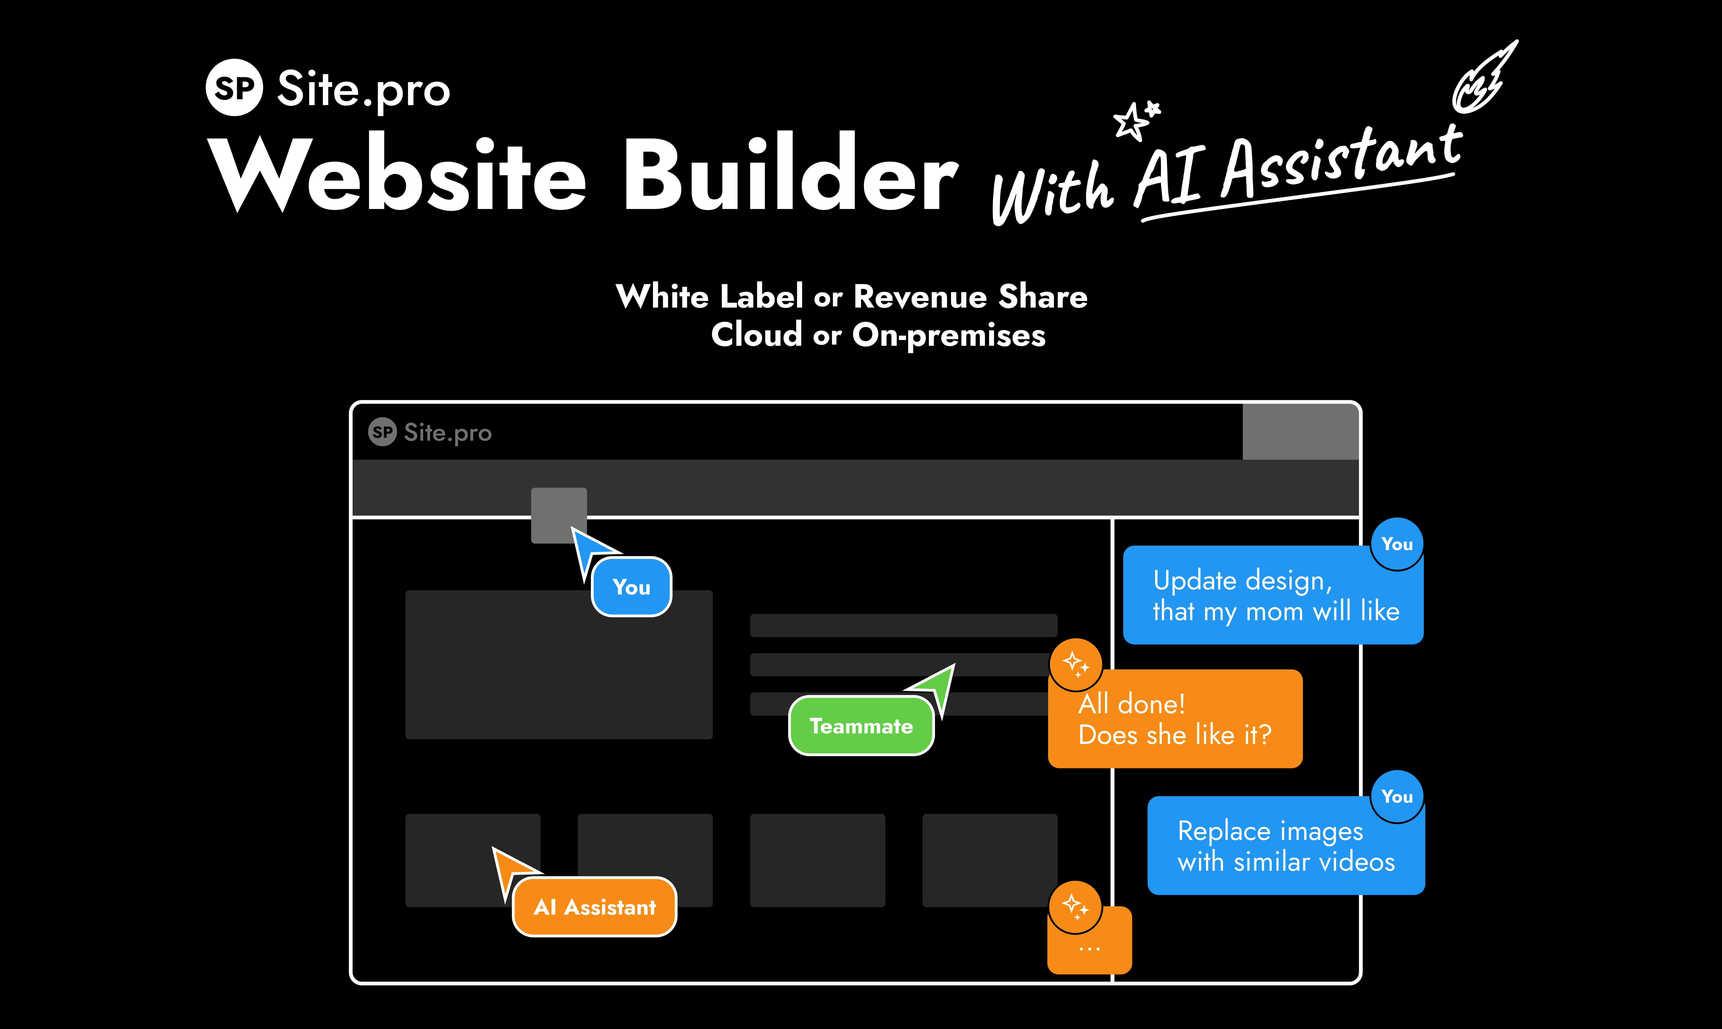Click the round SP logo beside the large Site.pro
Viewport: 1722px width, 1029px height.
coord(234,87)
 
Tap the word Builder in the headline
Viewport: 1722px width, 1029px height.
coord(790,173)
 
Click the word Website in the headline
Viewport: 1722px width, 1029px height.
coord(399,173)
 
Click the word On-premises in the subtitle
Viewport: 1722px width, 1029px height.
coord(948,336)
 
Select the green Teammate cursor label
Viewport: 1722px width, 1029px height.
coord(861,726)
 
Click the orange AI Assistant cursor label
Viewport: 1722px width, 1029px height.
coord(594,907)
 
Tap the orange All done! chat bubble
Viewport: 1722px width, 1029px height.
coord(1175,719)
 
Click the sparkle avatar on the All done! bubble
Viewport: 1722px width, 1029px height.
coord(1076,664)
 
